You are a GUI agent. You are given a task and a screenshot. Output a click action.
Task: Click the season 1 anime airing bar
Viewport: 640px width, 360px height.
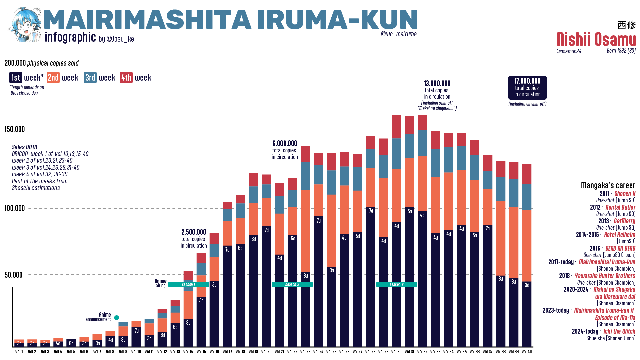tap(188, 284)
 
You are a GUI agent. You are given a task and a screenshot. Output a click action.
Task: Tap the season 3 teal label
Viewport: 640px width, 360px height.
tap(396, 284)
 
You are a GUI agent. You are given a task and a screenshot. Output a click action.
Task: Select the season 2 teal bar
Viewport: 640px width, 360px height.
tap(292, 284)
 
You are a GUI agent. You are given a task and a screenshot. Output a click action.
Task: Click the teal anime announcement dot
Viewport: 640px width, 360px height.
tap(117, 318)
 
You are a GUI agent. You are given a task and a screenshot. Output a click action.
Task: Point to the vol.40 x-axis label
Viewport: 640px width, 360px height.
tap(527, 352)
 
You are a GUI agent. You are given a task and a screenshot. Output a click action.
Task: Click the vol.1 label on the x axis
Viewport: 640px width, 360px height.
tap(19, 352)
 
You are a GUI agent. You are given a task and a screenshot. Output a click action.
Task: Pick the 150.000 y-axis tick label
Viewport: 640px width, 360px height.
tap(15, 129)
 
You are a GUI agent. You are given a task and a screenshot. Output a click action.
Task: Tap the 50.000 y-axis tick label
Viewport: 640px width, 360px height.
tap(14, 275)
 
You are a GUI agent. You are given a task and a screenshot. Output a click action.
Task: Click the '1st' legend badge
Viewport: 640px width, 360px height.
tap(16, 78)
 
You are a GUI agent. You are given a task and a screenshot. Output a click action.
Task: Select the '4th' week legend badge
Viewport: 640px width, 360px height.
tap(126, 78)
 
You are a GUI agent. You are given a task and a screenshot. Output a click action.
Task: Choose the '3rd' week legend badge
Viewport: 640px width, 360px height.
tap(90, 78)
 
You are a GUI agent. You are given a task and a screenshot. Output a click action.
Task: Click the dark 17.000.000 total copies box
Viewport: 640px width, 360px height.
tap(527, 88)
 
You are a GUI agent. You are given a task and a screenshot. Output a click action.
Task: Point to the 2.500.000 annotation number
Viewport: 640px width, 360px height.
tap(194, 232)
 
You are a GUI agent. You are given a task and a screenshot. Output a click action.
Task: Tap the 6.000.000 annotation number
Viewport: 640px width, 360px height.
tap(285, 143)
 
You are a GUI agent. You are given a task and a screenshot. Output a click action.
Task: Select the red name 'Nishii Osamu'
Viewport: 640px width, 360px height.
tap(596, 40)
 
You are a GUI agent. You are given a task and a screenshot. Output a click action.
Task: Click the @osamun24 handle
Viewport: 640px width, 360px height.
tap(569, 51)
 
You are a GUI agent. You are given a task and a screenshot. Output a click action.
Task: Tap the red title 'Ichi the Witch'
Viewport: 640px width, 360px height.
tap(619, 331)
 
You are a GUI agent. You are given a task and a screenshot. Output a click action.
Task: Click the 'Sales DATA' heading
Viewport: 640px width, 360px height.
tap(25, 147)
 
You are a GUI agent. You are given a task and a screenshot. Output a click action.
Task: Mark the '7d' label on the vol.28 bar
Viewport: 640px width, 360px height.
tap(371, 211)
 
